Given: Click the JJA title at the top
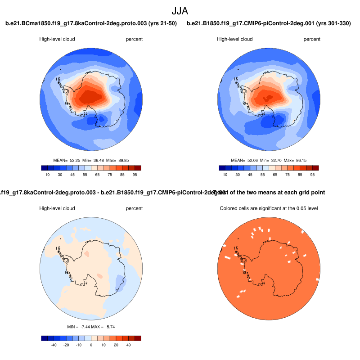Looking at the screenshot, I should click(180, 10).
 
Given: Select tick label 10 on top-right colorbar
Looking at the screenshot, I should click(225, 174).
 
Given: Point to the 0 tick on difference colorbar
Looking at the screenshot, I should click(91, 344).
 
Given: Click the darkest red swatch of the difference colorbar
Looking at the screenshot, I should click(138, 338).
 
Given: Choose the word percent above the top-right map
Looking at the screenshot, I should click(312, 39).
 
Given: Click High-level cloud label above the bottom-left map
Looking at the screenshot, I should click(57, 208).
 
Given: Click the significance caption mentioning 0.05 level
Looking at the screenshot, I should click(268, 208).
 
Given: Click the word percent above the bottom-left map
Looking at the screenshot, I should click(134, 208).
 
